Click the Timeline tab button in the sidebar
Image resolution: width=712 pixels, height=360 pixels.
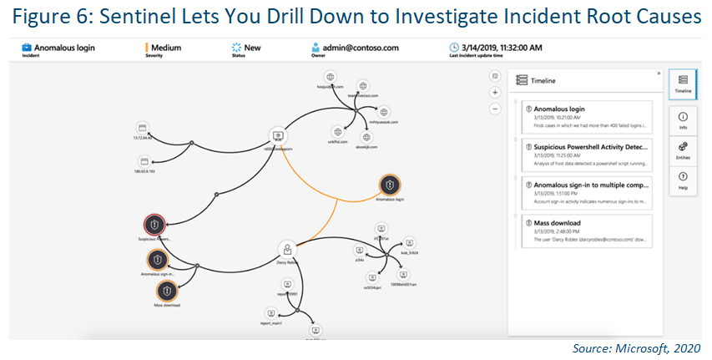click(x=683, y=83)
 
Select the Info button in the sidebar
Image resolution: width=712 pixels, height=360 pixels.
click(x=683, y=119)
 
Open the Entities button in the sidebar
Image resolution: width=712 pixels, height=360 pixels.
click(x=683, y=150)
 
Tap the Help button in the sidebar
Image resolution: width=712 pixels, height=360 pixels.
click(x=683, y=180)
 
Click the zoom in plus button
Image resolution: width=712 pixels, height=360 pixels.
click(x=495, y=93)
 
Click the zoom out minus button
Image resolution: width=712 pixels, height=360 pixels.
click(x=495, y=109)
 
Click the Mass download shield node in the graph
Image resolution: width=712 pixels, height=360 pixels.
click(x=167, y=290)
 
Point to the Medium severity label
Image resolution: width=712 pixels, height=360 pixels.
click(x=166, y=48)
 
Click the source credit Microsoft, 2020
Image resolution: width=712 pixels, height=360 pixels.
click(x=636, y=347)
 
